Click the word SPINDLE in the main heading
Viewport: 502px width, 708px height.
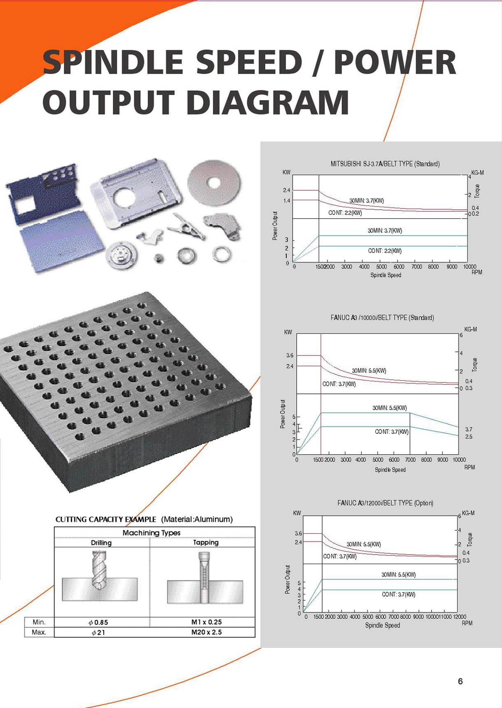point(113,62)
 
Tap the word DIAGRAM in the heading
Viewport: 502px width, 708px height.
point(268,102)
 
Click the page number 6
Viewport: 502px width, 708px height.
point(460,681)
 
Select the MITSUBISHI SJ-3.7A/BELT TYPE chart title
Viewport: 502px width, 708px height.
point(385,164)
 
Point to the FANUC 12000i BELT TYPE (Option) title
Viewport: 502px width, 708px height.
point(385,503)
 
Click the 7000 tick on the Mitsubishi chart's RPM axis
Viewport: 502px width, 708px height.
point(417,266)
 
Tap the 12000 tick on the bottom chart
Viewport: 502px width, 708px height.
point(460,617)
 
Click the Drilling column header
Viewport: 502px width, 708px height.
point(101,543)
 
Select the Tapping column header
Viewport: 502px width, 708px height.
point(206,542)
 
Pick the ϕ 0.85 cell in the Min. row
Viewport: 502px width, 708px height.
point(98,622)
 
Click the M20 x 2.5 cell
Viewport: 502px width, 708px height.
point(207,632)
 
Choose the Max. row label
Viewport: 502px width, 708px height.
point(39,632)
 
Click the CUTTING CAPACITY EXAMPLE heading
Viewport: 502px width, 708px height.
point(106,519)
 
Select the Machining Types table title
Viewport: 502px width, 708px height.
point(151,533)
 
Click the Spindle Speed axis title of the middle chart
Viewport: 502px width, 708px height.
point(390,470)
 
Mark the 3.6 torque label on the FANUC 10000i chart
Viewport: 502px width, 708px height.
point(290,355)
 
